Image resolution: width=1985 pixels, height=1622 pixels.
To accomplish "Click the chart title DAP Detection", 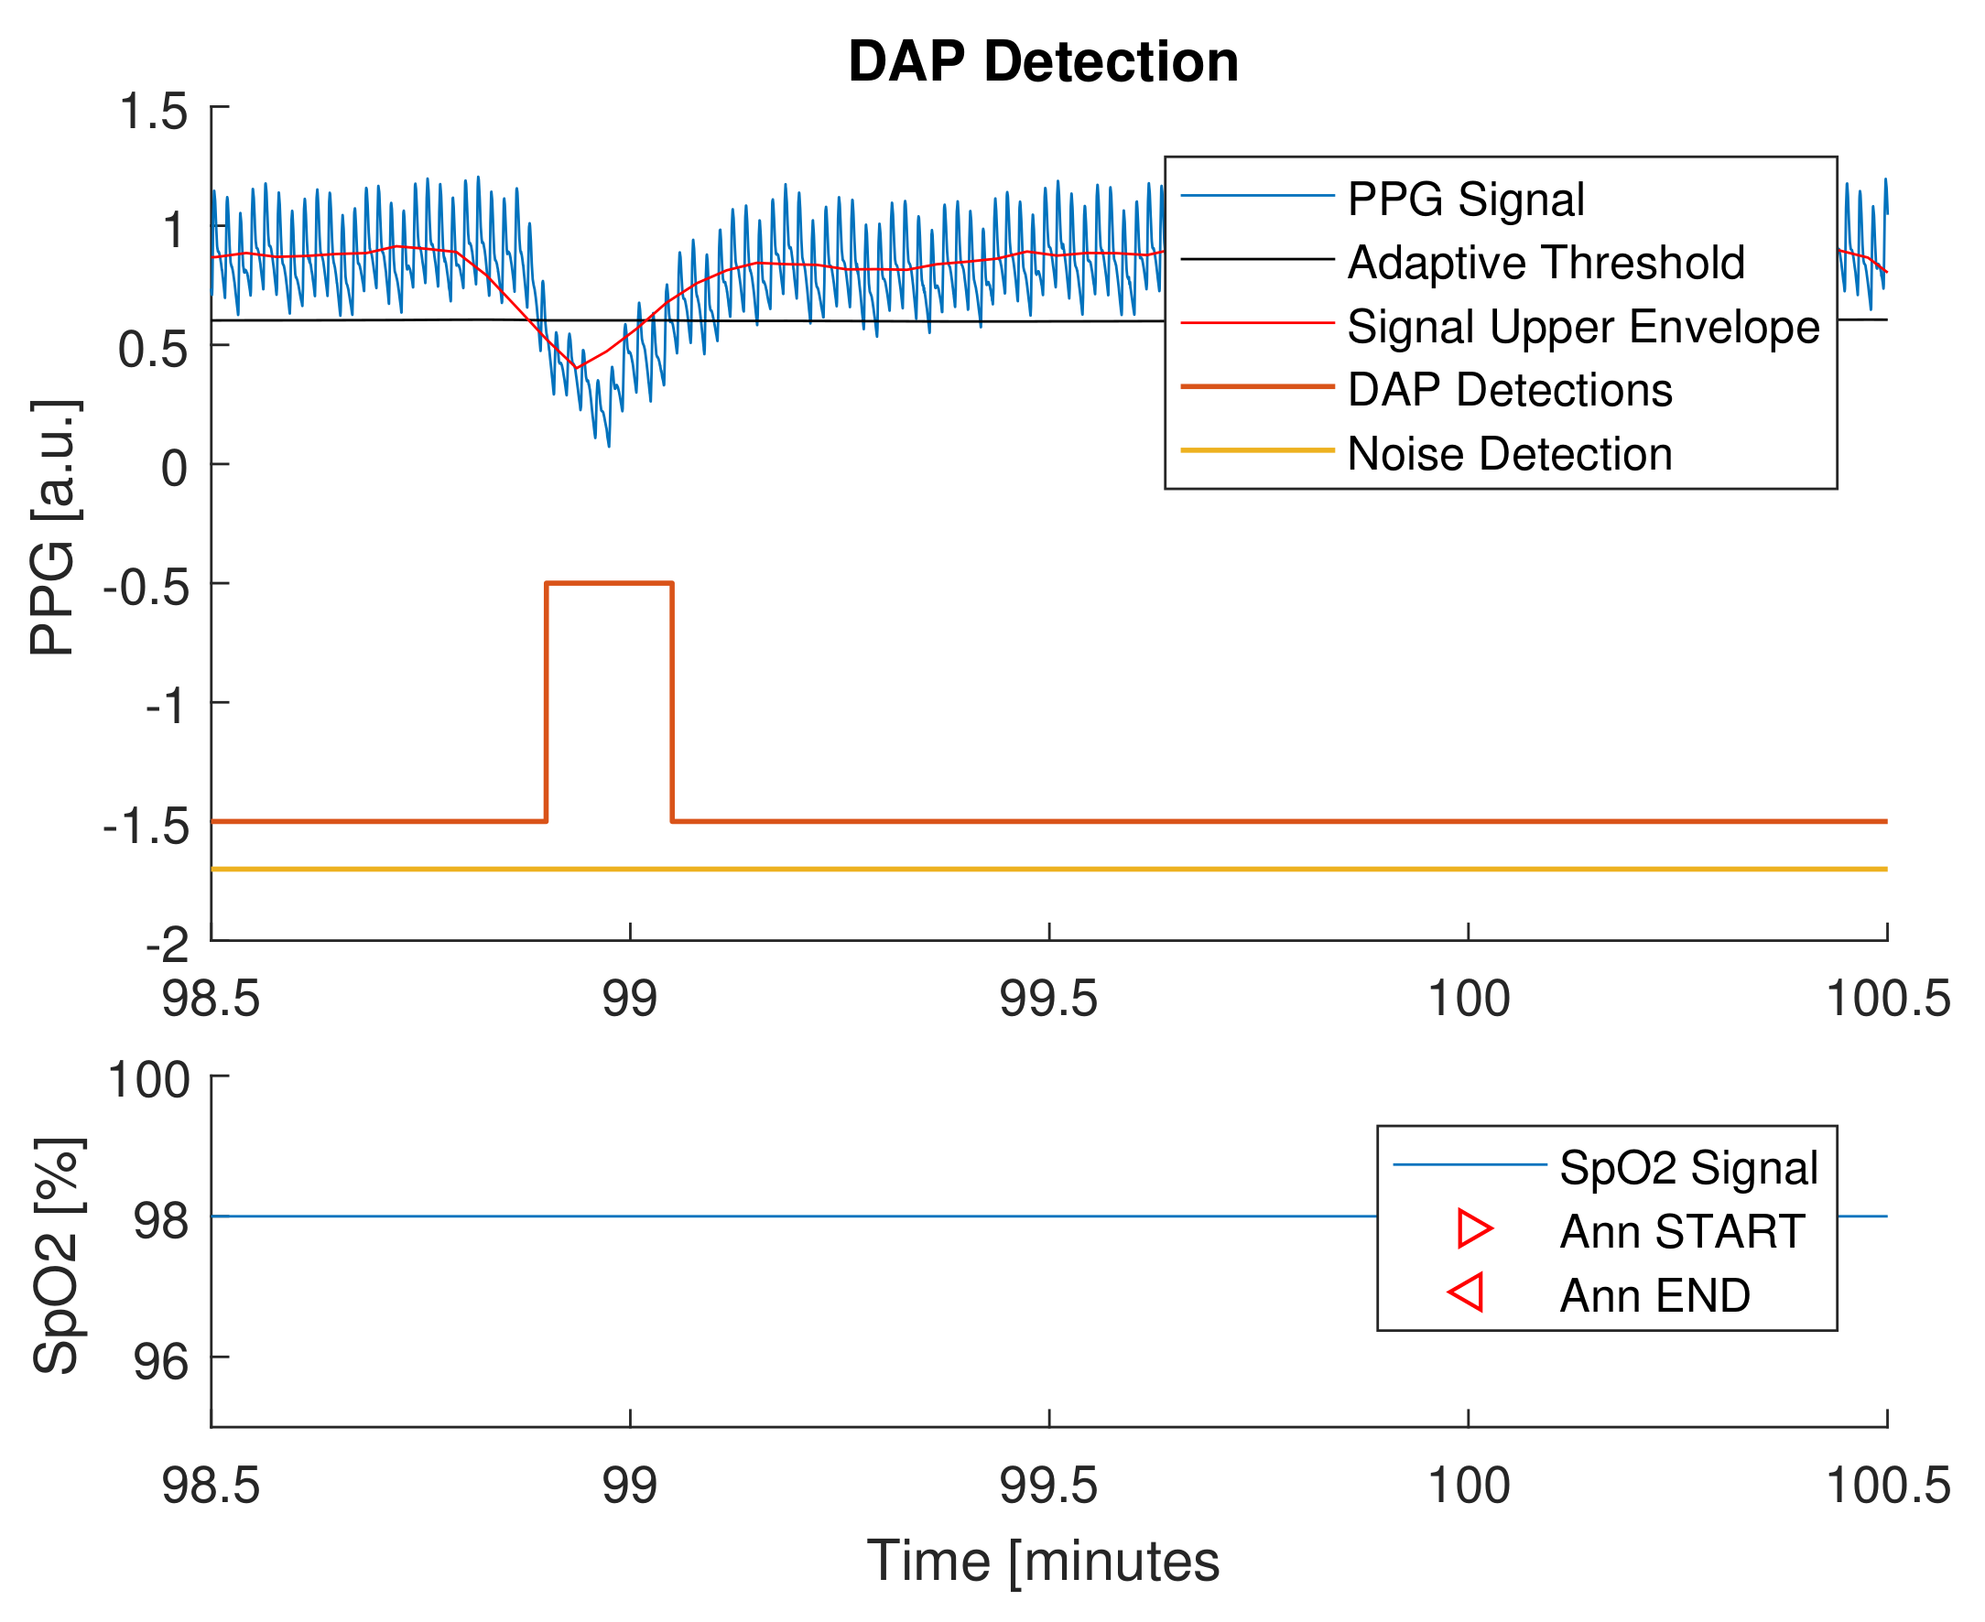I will pyautogui.click(x=1043, y=61).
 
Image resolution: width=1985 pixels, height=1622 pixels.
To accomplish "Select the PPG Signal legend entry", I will pyautogui.click(x=1465, y=199).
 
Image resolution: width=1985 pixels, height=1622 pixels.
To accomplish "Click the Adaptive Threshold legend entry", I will pyautogui.click(x=1546, y=263).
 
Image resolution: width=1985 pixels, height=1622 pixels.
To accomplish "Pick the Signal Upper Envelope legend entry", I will pyautogui.click(x=1583, y=326).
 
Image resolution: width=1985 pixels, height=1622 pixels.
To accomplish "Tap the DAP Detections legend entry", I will pyautogui.click(x=1509, y=390).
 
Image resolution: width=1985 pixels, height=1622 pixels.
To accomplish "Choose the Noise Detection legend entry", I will pyautogui.click(x=1509, y=454).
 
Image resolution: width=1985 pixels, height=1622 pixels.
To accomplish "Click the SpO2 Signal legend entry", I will pyautogui.click(x=1687, y=1168).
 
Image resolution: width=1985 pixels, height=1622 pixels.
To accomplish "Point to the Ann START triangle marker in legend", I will pyautogui.click(x=1475, y=1228).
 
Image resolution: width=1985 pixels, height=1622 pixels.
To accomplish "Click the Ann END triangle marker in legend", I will pyautogui.click(x=1467, y=1292).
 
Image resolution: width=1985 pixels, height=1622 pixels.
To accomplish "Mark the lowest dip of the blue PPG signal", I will pyautogui.click(x=610, y=445).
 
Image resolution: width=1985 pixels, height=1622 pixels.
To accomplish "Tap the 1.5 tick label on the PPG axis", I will pyautogui.click(x=153, y=111).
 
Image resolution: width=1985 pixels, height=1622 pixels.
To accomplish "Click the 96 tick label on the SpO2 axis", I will pyautogui.click(x=161, y=1361).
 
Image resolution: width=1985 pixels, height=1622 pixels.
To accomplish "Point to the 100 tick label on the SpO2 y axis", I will pyautogui.click(x=149, y=1080).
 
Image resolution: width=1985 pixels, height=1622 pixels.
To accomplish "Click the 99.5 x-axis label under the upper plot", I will pyautogui.click(x=1048, y=999).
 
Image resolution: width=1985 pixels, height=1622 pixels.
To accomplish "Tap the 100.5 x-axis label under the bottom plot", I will pyautogui.click(x=1887, y=1486).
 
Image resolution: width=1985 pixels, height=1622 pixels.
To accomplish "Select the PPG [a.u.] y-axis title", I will pyautogui.click(x=53, y=528).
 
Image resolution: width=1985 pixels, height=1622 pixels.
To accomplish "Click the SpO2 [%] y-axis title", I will pyautogui.click(x=58, y=1256).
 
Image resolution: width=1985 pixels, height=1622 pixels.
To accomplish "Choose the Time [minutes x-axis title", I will pyautogui.click(x=1043, y=1562).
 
